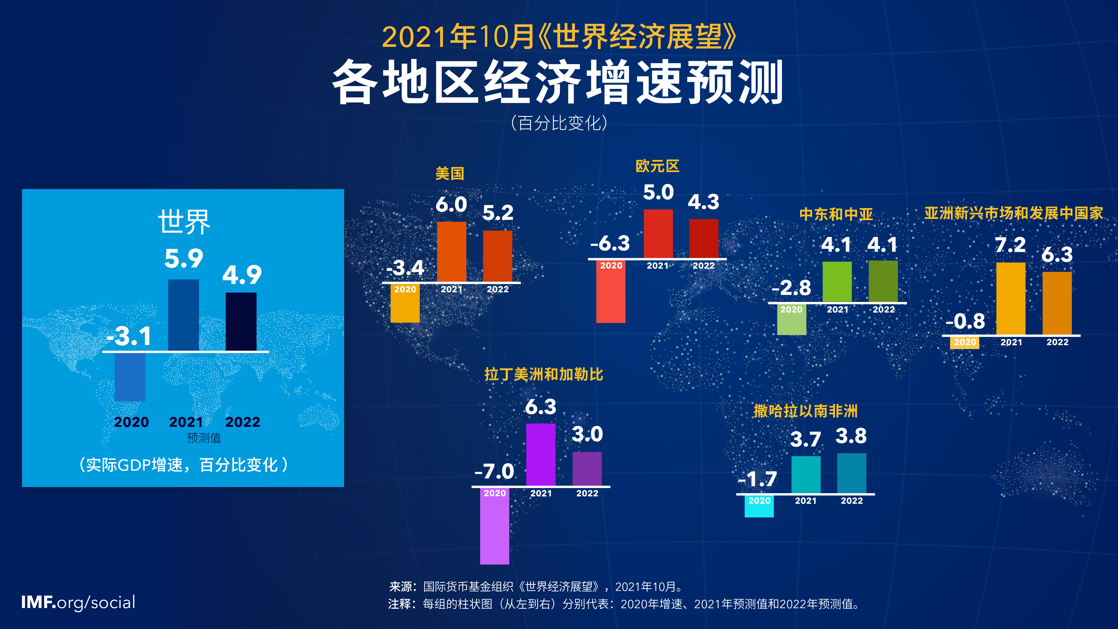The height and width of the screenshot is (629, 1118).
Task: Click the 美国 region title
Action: [450, 174]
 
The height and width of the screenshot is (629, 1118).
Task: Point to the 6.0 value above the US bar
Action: [451, 204]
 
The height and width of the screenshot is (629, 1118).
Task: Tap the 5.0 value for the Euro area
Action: [658, 192]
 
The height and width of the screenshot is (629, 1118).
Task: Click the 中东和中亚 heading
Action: [836, 214]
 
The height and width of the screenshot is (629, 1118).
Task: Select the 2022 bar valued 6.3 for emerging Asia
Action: [1057, 303]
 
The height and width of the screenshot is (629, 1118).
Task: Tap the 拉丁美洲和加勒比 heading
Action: [543, 374]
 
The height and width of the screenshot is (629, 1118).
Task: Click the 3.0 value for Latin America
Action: [587, 434]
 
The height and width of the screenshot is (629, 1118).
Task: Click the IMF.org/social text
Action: [78, 603]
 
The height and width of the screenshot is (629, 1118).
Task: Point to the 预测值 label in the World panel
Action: [204, 438]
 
